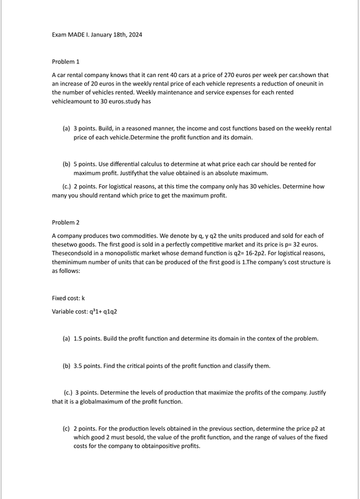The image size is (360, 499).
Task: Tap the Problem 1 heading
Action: [x=65, y=61]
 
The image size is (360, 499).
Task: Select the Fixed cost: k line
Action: [x=68, y=298]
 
